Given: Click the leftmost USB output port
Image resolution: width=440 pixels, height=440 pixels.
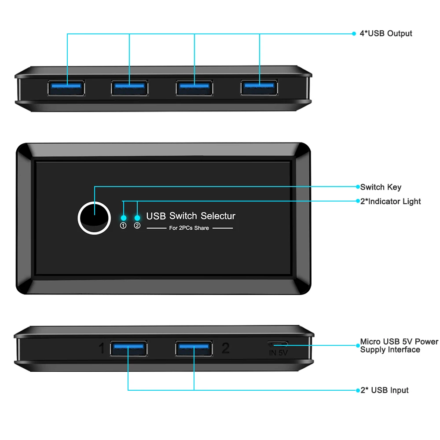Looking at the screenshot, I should click(x=66, y=88).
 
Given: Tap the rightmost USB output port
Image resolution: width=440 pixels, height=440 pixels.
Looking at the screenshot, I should click(x=259, y=88).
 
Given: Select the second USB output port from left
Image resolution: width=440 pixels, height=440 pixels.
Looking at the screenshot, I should click(x=129, y=88).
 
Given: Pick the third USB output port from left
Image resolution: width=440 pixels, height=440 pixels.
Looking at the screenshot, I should click(x=194, y=88).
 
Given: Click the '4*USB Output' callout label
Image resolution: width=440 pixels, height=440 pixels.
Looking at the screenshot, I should click(x=386, y=33).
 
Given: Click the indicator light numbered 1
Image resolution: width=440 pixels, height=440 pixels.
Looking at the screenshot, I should click(x=124, y=218).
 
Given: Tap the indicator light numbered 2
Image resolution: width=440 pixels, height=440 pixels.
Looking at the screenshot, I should click(x=137, y=218).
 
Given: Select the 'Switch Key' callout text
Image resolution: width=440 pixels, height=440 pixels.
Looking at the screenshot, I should click(x=381, y=187).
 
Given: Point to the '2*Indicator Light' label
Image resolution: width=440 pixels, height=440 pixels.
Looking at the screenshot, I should click(x=390, y=202).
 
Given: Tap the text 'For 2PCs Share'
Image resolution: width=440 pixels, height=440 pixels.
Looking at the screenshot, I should click(x=189, y=228).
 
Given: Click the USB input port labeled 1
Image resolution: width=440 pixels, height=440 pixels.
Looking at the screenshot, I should click(x=128, y=348).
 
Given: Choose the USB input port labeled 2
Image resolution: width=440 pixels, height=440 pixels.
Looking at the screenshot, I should click(x=194, y=348).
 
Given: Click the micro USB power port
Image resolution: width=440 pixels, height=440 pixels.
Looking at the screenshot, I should click(x=279, y=344).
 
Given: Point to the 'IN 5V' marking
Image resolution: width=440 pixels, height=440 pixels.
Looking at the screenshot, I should click(x=279, y=352).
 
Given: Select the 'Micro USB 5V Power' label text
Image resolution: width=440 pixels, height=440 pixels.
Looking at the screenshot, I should click(x=399, y=342).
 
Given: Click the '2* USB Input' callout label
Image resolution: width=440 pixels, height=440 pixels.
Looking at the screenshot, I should click(x=385, y=390).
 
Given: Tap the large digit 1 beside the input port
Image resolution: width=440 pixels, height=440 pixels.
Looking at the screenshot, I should click(x=102, y=349).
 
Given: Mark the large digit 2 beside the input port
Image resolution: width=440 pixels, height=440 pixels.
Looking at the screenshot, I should click(x=225, y=348).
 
